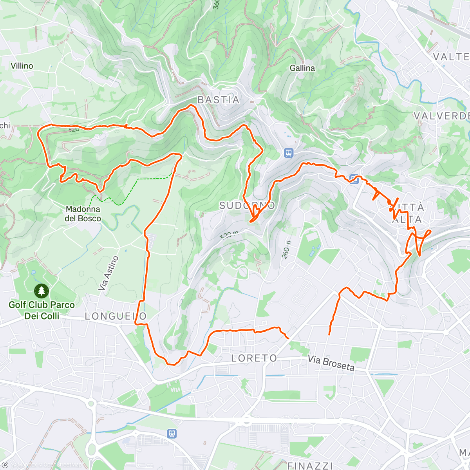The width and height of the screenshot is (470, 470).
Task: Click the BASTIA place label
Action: tap(218, 100)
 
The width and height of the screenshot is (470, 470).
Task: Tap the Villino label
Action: tap(22, 66)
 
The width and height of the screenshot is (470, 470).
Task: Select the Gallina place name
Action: tap(302, 68)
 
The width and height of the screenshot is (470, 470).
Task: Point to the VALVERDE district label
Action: tap(442, 116)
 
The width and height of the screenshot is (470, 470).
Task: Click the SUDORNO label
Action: tap(247, 206)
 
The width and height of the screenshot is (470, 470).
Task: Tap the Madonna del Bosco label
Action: tap(83, 214)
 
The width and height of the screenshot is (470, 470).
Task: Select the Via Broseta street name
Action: tap(331, 363)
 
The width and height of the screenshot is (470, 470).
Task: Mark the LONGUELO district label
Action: tap(116, 316)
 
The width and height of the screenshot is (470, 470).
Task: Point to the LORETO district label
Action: tap(254, 358)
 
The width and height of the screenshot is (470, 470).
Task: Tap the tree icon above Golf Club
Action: tap(41, 291)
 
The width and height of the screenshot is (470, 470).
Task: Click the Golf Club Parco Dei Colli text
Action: tap(42, 310)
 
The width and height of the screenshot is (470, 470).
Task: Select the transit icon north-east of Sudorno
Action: tap(289, 152)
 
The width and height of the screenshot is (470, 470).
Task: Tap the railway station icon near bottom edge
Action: tap(172, 434)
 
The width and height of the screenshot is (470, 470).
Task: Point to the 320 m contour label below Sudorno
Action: tap(229, 235)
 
